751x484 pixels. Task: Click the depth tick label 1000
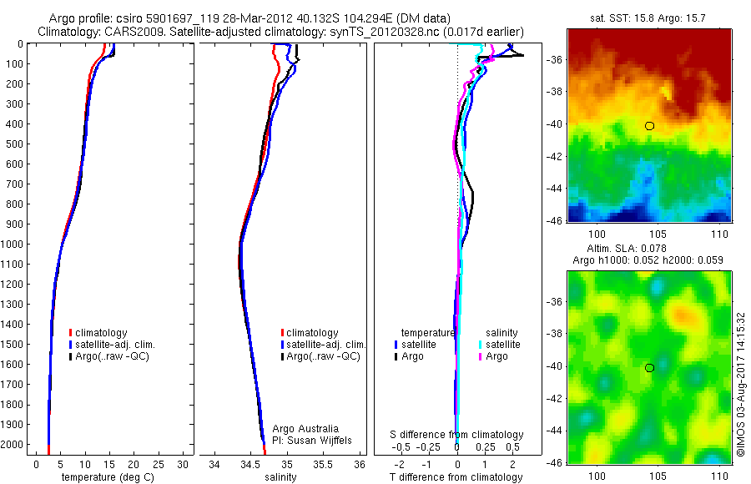(13, 245)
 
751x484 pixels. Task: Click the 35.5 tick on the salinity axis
(323, 464)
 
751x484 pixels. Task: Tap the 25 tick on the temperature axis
(159, 464)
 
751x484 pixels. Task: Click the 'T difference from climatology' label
(457, 477)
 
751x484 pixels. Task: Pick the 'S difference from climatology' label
(457, 435)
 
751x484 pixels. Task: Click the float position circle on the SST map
(649, 126)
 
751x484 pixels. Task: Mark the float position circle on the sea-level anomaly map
(649, 367)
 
